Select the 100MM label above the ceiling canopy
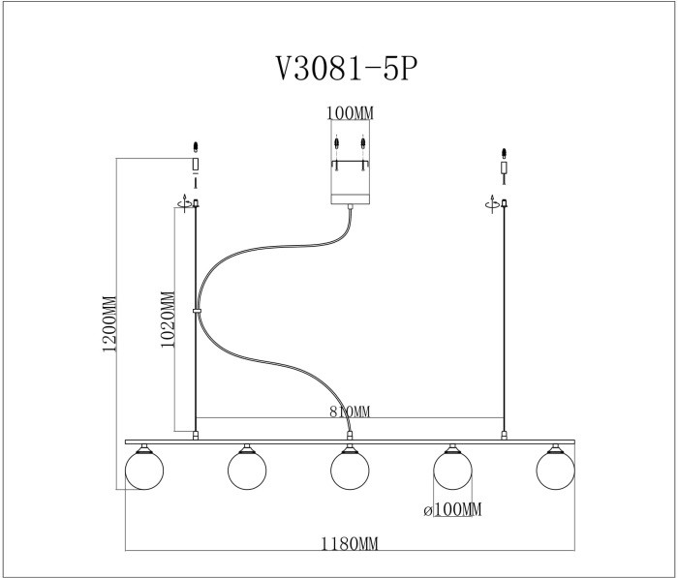click(x=350, y=113)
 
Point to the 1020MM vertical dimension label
click(x=168, y=320)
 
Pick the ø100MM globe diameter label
click(x=452, y=509)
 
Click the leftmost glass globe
click(x=144, y=471)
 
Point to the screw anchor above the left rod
click(x=196, y=148)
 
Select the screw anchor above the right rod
click(x=504, y=154)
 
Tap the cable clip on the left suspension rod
click(x=197, y=312)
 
